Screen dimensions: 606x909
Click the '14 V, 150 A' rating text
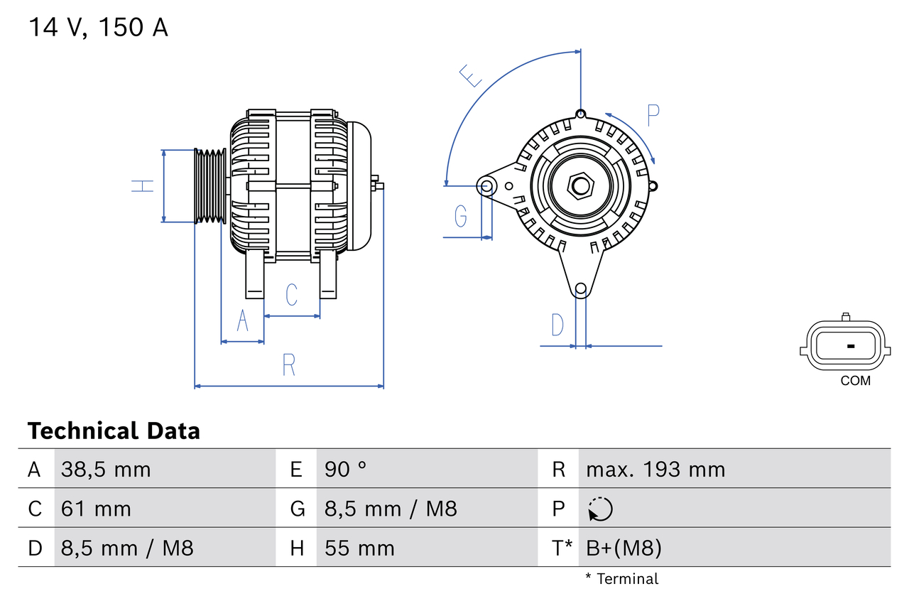[98, 28]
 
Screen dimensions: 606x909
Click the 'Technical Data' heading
[114, 431]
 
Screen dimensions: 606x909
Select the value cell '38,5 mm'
[106, 469]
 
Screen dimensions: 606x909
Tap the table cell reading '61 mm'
[96, 509]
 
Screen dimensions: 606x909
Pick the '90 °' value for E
[346, 469]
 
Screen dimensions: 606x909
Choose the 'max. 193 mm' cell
[655, 469]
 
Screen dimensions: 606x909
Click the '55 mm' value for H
[359, 548]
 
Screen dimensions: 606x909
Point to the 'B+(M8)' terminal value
[624, 548]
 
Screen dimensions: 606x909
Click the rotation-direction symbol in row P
[600, 509]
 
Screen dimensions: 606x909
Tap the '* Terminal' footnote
[621, 579]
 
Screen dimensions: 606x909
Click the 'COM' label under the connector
[855, 381]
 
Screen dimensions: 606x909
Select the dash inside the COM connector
[851, 346]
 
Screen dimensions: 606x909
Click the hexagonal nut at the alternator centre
[581, 187]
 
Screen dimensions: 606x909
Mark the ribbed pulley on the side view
[210, 186]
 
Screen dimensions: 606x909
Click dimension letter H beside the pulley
[143, 186]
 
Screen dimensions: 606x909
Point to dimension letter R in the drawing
[288, 364]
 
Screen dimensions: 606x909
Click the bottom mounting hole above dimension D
[581, 288]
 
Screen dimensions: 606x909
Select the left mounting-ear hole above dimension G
[487, 187]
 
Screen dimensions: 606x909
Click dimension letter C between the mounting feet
[291, 294]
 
